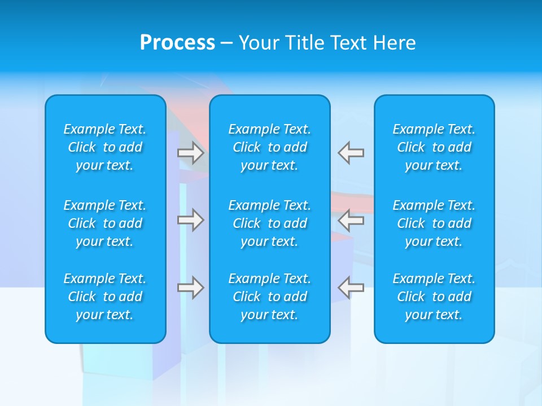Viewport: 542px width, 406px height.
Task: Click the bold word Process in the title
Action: [x=177, y=43]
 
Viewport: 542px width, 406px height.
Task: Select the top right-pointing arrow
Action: [x=191, y=153]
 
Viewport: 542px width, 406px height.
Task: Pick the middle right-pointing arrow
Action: [x=191, y=220]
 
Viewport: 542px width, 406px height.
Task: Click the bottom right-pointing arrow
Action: [x=191, y=288]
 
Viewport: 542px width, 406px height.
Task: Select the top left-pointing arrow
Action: [x=351, y=153]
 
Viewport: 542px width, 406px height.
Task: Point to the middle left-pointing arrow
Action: [x=351, y=220]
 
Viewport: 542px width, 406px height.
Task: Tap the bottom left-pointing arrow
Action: [x=351, y=288]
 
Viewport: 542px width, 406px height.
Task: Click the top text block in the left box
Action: [x=105, y=147]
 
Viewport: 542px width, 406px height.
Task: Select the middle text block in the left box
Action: [x=105, y=223]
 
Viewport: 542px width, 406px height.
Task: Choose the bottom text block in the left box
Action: [x=105, y=297]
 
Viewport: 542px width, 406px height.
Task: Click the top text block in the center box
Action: [x=270, y=147]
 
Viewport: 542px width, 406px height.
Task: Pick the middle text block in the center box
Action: [x=270, y=223]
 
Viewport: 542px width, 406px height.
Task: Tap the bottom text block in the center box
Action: [x=270, y=297]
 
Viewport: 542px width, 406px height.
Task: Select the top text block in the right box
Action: [x=434, y=147]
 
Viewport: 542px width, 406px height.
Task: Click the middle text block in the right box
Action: [x=434, y=223]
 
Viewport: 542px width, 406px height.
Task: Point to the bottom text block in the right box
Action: [x=434, y=297]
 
